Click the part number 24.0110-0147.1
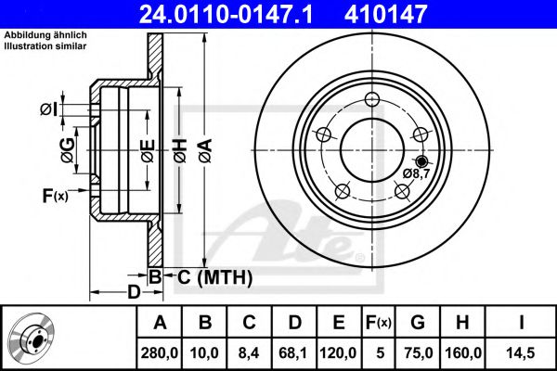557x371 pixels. (x=240, y=13)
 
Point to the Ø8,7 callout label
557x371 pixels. (x=416, y=173)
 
